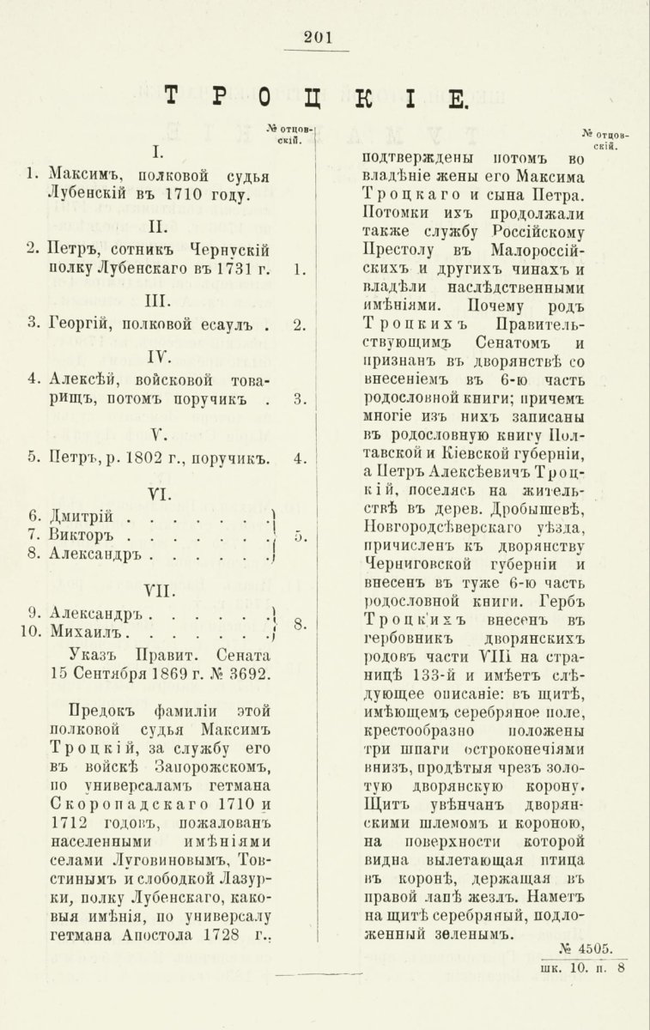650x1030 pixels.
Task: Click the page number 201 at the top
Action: click(x=317, y=36)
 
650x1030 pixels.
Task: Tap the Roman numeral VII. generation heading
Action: click(x=157, y=589)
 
